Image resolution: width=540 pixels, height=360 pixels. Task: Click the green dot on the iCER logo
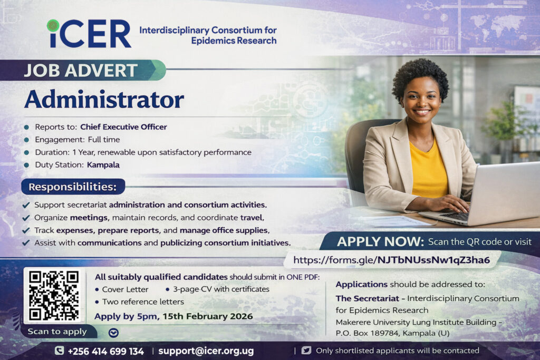pyautogui.click(x=53, y=26)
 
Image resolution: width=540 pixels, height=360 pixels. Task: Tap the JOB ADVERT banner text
pyautogui.click(x=81, y=71)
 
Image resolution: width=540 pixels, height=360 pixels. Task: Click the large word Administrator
pyautogui.click(x=104, y=100)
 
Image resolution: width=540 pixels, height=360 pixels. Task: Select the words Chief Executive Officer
pyautogui.click(x=123, y=127)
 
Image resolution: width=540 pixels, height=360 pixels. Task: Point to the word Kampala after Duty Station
pyautogui.click(x=103, y=165)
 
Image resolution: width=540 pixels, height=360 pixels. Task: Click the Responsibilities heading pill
pyautogui.click(x=73, y=187)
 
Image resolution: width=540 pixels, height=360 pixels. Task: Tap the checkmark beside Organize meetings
pyautogui.click(x=26, y=218)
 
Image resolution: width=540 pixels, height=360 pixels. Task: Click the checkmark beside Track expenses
pyautogui.click(x=26, y=230)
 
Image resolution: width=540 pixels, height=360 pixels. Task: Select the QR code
pyautogui.click(x=54, y=296)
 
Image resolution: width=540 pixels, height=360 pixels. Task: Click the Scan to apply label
pyautogui.click(x=57, y=332)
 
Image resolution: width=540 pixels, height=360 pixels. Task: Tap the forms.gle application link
pyautogui.click(x=392, y=260)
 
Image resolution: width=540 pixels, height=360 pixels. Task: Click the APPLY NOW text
pyautogui.click(x=380, y=241)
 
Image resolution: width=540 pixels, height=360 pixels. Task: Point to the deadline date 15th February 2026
pyautogui.click(x=208, y=316)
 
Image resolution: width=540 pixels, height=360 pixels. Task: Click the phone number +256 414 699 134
pyautogui.click(x=105, y=352)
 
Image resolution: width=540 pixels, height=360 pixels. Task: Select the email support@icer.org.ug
pyautogui.click(x=206, y=351)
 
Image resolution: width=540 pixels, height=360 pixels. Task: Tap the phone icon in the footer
pyautogui.click(x=59, y=351)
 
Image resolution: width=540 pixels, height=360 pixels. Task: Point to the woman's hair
pyautogui.click(x=420, y=76)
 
